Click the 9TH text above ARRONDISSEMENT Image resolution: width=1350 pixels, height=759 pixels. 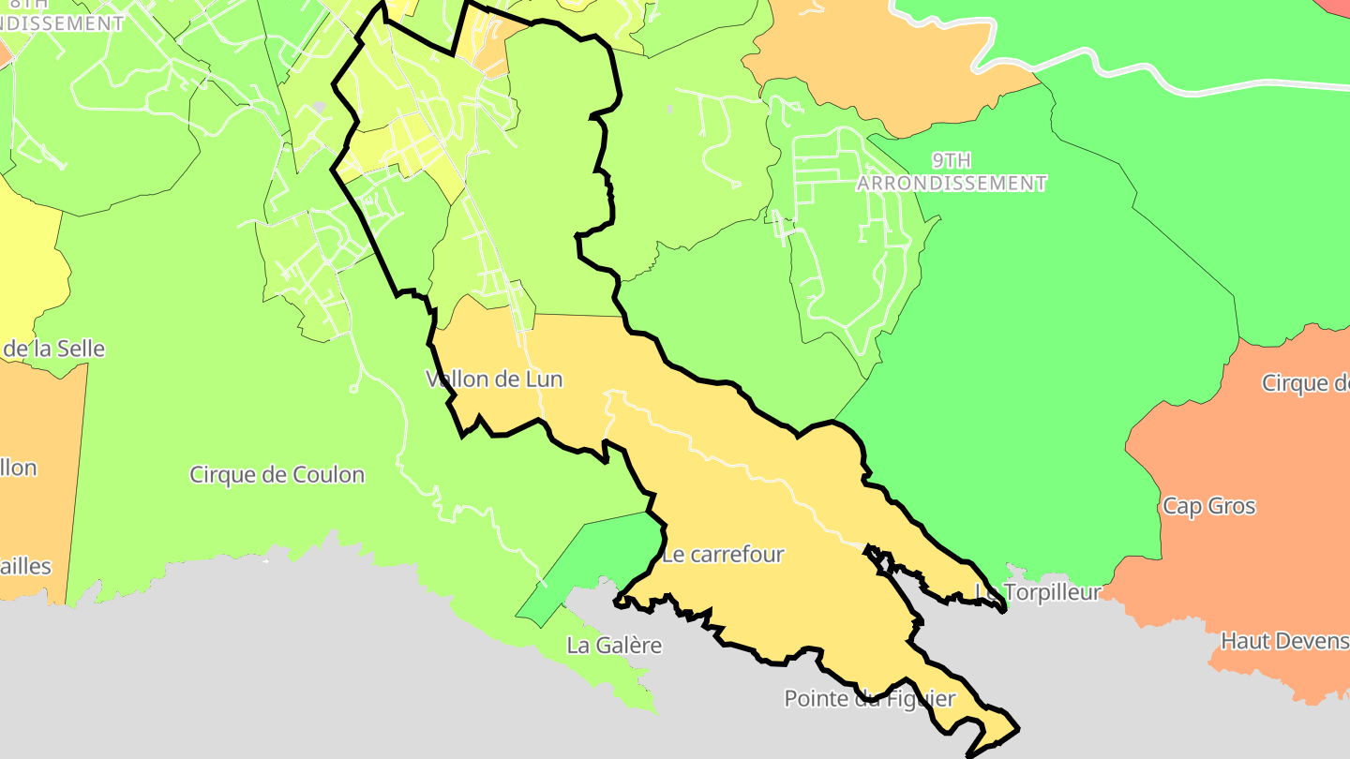[952, 160]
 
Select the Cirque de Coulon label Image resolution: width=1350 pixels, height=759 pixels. [277, 475]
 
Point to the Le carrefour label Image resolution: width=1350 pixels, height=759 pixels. [722, 555]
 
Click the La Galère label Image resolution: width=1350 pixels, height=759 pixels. [614, 646]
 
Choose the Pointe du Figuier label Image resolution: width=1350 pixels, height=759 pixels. [869, 699]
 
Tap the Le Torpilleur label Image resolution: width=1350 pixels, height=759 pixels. [1038, 592]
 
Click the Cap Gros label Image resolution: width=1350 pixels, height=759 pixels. [1208, 507]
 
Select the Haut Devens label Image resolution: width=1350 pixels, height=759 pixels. [1284, 642]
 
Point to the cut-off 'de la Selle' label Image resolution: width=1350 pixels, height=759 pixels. [53, 350]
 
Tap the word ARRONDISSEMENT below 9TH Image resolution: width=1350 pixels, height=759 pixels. [952, 184]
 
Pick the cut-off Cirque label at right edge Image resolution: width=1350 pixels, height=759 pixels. [1305, 383]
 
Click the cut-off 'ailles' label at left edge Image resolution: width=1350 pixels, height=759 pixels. [26, 567]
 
